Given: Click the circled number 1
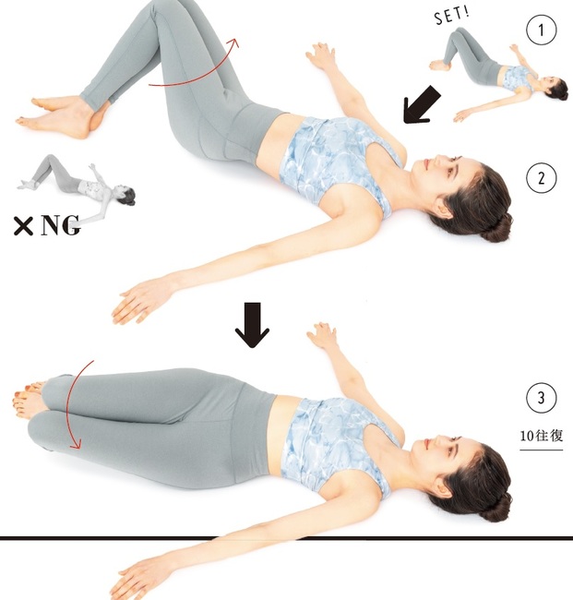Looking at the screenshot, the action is [541, 30].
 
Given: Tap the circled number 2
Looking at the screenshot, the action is [541, 178].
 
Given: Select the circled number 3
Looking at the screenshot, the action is [541, 398].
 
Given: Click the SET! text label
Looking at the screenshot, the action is [452, 16].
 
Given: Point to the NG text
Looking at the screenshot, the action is [60, 225].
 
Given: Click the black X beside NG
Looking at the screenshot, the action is [23, 226].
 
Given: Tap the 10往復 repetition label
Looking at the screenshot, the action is [542, 436].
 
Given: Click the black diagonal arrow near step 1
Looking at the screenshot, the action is [421, 105].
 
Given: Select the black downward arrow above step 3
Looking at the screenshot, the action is [252, 325].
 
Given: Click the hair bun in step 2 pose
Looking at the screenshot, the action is [496, 228].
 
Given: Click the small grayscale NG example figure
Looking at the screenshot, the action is [77, 187].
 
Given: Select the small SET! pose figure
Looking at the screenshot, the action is [497, 75].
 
